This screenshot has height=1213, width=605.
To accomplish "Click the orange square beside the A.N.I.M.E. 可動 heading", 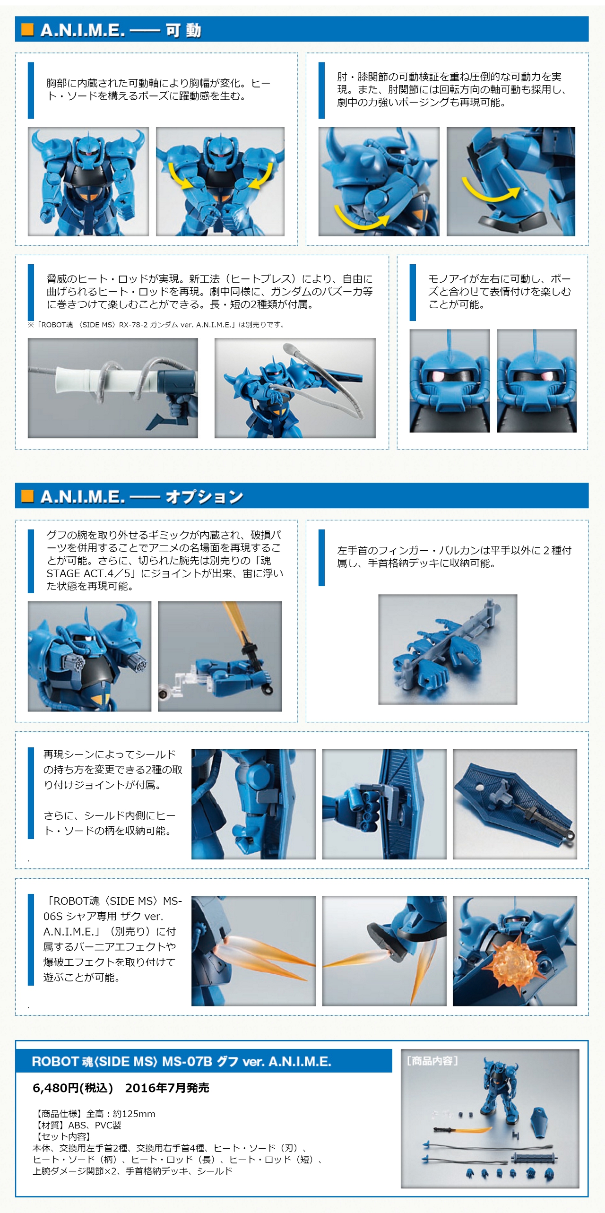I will (x=27, y=30).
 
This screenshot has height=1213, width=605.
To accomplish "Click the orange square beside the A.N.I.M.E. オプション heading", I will (x=27, y=496).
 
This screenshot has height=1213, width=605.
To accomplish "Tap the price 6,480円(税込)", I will (x=73, y=1088).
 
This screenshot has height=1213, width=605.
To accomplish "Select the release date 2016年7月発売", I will (x=167, y=1088).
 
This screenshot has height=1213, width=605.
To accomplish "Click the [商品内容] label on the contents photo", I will (x=432, y=1061).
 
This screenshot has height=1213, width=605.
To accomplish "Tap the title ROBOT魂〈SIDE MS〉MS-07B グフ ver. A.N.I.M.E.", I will (x=181, y=1062).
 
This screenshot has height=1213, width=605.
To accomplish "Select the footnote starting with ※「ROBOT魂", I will (x=156, y=325).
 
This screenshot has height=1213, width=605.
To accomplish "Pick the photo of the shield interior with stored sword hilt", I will (x=515, y=804).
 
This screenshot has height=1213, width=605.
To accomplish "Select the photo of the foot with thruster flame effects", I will (x=384, y=951).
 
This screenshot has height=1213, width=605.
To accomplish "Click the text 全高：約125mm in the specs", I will (x=121, y=1114).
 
